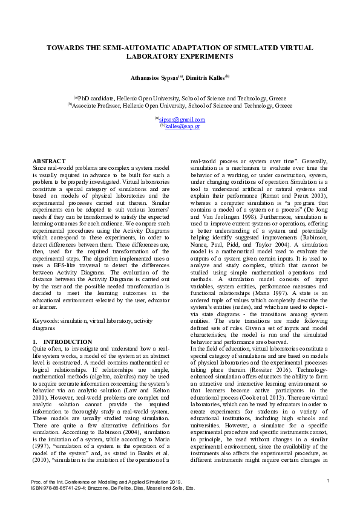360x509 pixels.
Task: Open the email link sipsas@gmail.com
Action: click(x=181, y=120)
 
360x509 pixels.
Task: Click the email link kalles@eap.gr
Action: click(x=182, y=126)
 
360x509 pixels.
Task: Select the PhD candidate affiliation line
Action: click(x=180, y=98)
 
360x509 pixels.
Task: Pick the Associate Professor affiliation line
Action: click(x=180, y=105)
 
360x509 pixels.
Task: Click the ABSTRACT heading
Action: click(x=48, y=161)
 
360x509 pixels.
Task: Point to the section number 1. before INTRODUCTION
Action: click(x=35, y=342)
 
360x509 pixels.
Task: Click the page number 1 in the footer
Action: click(x=327, y=480)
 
